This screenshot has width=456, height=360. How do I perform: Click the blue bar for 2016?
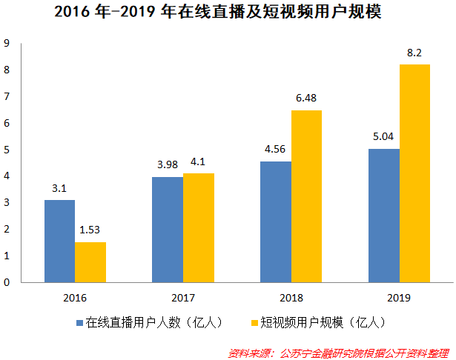point(59,241)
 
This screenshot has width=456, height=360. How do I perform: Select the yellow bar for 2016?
point(90,261)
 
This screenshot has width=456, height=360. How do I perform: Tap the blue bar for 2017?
point(168,229)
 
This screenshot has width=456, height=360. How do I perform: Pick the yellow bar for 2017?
point(198,227)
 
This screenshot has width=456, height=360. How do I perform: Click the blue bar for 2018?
point(276,221)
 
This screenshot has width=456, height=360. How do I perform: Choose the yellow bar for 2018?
point(306,196)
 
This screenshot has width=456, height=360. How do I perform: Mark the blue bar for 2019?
point(383,215)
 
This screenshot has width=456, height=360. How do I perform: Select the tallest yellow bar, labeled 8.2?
point(414,173)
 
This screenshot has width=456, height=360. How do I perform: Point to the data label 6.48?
point(305,98)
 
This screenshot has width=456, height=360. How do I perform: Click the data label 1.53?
point(90,230)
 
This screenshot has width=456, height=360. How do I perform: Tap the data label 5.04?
point(383,136)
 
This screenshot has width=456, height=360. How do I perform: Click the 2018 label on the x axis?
point(291,297)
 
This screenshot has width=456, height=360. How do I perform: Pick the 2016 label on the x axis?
point(75,297)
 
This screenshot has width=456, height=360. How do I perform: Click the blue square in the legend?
point(80,323)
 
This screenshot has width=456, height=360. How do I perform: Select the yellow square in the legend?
point(254,323)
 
